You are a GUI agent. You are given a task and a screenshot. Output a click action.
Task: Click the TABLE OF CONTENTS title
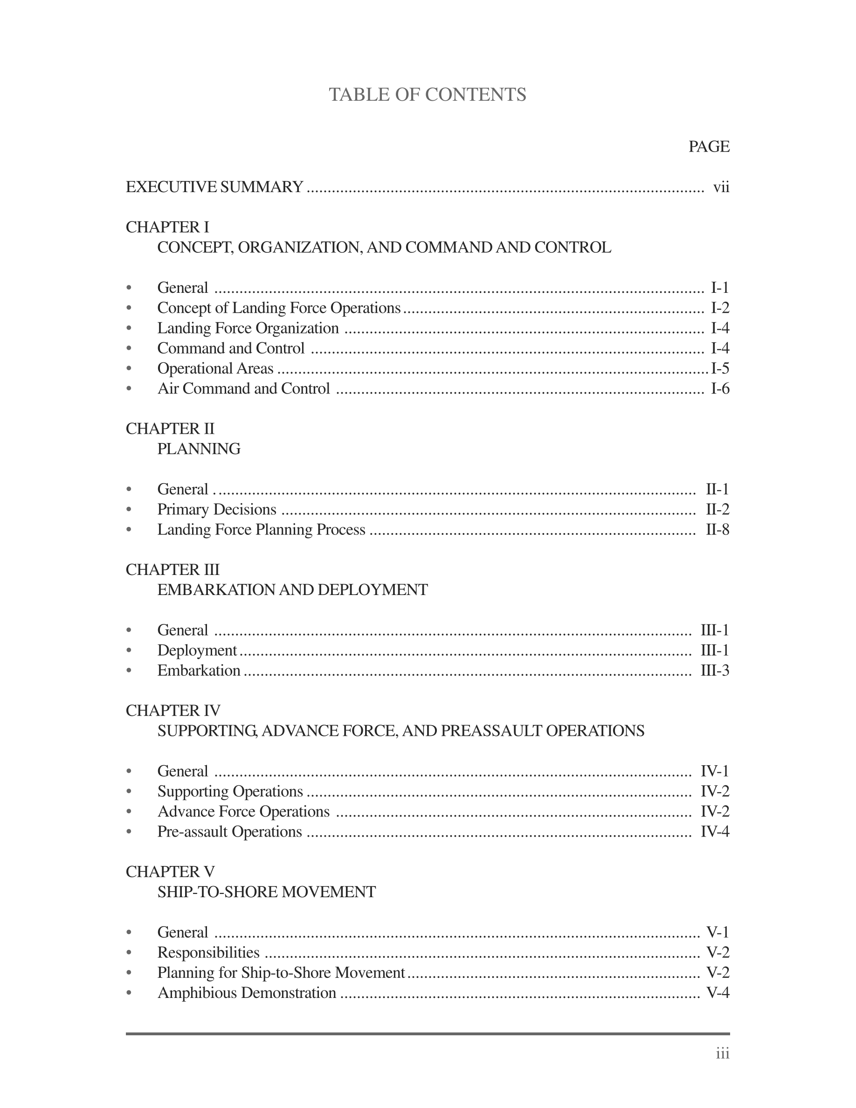[x=428, y=95]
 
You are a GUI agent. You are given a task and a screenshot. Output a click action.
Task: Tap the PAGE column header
[x=708, y=146]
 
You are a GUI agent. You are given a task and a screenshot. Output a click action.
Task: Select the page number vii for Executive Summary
[x=721, y=187]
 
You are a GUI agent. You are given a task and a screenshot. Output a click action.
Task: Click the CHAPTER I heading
[x=167, y=227]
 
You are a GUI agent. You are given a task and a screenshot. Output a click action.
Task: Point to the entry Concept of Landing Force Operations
[x=279, y=308]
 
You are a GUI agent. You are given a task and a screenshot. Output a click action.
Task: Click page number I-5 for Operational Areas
[x=719, y=368]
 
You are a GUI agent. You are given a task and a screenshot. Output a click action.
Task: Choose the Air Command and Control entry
[x=243, y=388]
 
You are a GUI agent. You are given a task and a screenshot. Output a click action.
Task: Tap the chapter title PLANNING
[x=199, y=449]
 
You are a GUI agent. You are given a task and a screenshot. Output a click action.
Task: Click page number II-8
[x=718, y=530]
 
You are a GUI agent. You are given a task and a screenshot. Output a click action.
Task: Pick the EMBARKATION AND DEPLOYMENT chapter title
[x=293, y=590]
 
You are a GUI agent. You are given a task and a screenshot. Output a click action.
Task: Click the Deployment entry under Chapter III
[x=197, y=651]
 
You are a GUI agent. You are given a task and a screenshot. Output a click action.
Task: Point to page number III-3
[x=715, y=671]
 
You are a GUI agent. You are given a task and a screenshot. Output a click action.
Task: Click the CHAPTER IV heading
[x=173, y=711]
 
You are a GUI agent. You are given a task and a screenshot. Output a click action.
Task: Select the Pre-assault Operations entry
[x=229, y=832]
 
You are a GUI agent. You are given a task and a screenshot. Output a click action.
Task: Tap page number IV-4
[x=715, y=832]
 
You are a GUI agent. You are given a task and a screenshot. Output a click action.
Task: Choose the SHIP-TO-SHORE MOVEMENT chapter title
[x=266, y=893]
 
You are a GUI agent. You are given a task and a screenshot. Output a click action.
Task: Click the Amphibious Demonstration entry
[x=247, y=993]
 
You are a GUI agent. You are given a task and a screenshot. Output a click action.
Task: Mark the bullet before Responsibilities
[x=129, y=953]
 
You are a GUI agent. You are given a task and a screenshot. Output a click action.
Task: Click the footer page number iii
[x=723, y=1054]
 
